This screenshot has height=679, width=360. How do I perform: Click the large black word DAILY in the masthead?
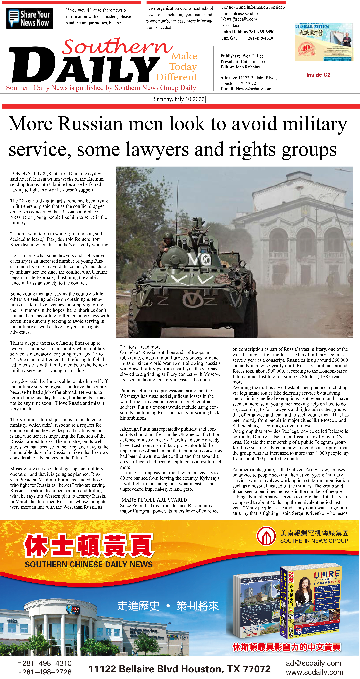coord(84,66)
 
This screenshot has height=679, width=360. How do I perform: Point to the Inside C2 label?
coord(318,75)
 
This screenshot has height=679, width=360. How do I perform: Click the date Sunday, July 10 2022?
coord(179,99)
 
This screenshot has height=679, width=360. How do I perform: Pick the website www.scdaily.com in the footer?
coord(314,672)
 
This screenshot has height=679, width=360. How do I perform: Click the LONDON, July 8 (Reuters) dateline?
coord(37,173)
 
